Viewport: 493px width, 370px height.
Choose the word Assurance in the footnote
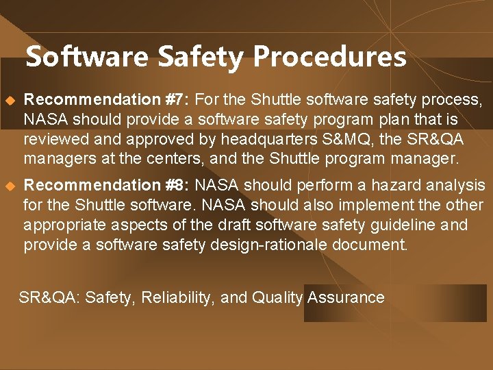pyautogui.click(x=346, y=297)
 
